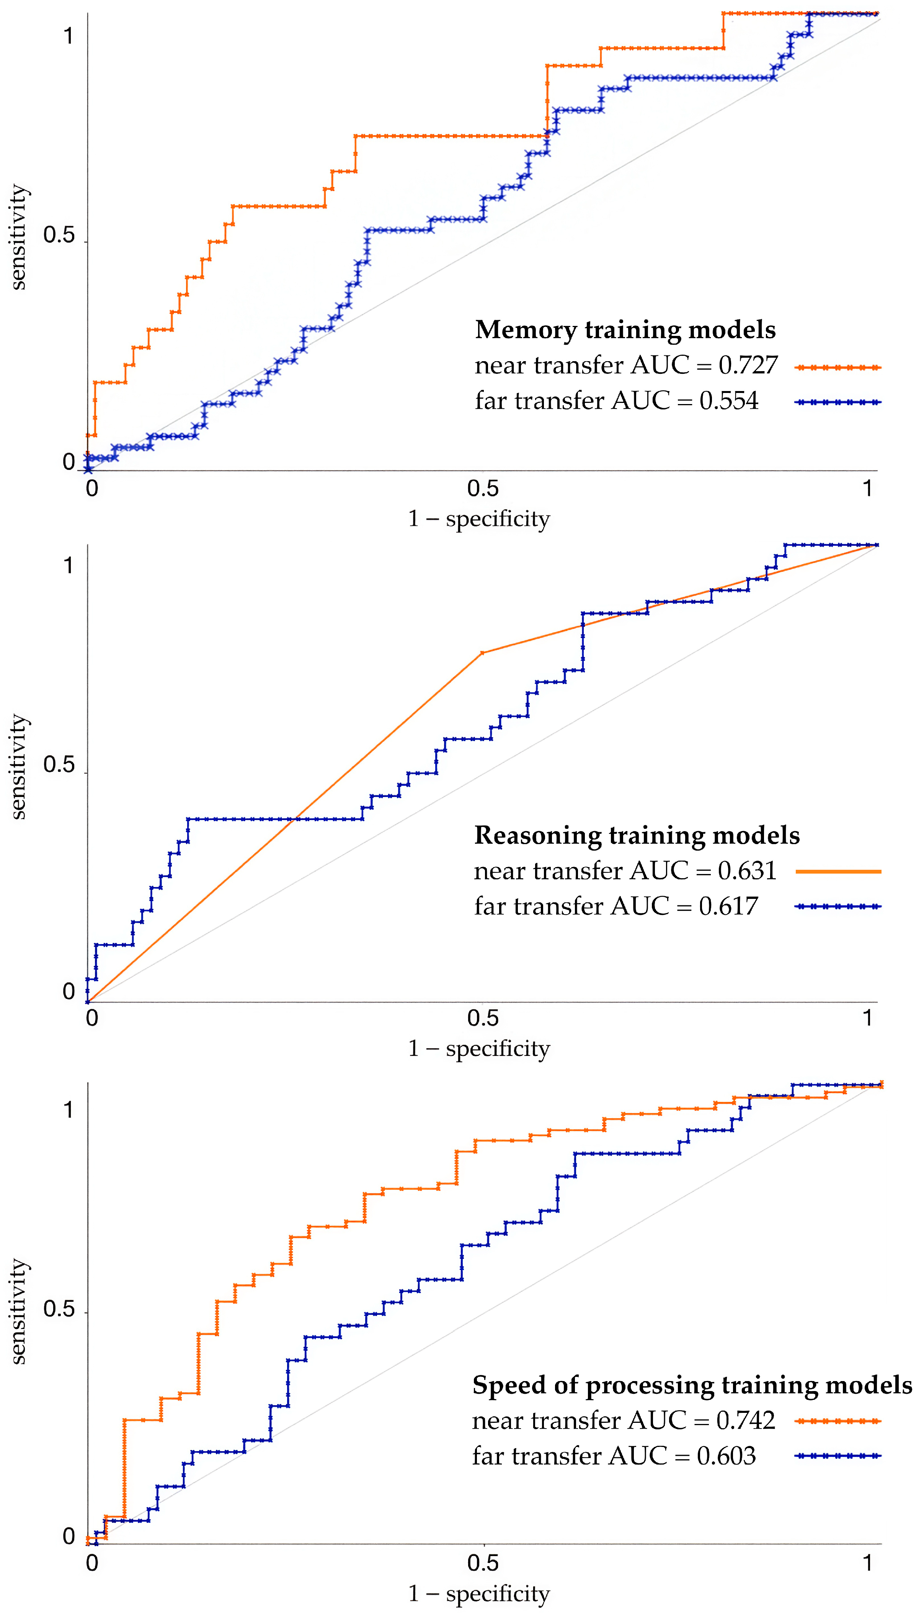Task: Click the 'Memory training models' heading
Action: point(625,330)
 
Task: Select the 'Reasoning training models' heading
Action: point(637,835)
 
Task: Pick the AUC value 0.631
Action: point(747,871)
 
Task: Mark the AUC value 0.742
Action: point(746,1421)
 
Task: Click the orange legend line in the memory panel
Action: point(838,368)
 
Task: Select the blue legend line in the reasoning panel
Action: point(838,907)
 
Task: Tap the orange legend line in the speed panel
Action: point(838,1421)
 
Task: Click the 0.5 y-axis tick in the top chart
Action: point(59,236)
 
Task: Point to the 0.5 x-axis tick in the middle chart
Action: point(483,1018)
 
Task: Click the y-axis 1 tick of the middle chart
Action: point(69,565)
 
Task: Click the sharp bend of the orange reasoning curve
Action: point(482,653)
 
